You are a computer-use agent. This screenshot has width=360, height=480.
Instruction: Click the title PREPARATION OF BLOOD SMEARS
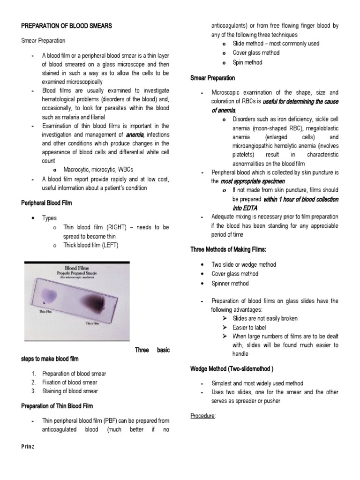tap(67, 26)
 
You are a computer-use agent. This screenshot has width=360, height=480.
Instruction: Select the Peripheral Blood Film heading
tap(46, 203)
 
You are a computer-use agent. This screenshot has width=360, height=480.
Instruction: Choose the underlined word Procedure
tap(203, 416)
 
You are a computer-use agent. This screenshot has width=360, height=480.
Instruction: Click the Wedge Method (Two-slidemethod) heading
tap(232, 368)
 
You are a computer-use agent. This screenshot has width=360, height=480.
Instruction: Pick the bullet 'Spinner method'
tap(230, 284)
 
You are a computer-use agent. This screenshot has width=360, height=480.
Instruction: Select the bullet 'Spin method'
tap(247, 62)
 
